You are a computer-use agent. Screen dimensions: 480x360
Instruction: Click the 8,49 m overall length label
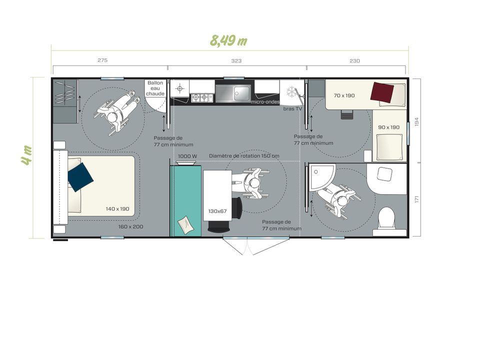228,40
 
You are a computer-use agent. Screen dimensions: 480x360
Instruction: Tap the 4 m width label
26,155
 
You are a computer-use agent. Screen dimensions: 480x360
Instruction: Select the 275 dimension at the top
102,60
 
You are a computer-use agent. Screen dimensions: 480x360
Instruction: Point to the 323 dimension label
236,61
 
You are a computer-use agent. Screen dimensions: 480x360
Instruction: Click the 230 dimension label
355,61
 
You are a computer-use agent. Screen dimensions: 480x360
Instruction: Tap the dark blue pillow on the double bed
80,177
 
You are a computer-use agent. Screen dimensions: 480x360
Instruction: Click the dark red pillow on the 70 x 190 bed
382,92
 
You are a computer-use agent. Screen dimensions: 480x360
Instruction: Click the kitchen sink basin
242,93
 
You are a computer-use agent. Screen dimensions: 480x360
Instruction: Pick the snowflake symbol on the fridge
291,92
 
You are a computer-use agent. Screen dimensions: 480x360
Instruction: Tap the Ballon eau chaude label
155,88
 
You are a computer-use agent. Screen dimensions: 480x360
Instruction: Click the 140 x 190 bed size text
117,209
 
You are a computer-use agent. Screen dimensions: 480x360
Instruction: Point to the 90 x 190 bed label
389,127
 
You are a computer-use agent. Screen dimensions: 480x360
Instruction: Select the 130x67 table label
217,211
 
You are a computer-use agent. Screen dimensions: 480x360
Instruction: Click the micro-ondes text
265,102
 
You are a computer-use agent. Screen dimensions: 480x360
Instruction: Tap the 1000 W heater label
187,156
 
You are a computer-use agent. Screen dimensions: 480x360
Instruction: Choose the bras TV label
292,108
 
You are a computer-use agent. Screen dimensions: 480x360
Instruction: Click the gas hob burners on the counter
202,98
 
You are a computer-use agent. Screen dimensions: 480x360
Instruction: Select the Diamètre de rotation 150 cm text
244,156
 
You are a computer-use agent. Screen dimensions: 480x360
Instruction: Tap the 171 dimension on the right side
416,199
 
